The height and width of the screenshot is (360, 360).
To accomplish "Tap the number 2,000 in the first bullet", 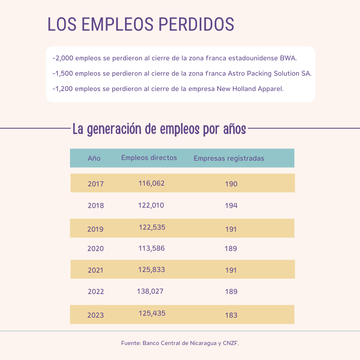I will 64,58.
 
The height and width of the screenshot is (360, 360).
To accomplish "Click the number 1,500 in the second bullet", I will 64,73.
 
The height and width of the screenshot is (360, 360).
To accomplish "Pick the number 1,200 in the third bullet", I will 64,89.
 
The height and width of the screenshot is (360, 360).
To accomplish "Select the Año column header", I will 94,158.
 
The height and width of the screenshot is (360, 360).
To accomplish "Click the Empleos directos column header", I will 149,158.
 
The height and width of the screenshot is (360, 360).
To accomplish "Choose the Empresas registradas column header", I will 229,158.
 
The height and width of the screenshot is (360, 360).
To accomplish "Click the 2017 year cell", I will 96,184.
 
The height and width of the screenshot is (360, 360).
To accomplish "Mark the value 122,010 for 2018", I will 151,205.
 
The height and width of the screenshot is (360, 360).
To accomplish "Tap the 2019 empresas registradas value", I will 231,229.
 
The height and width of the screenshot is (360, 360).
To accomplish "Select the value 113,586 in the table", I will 151,248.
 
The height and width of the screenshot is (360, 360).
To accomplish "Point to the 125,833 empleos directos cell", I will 151,270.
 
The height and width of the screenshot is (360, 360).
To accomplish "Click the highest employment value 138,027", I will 150,291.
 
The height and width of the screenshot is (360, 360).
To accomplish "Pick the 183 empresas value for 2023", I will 231,315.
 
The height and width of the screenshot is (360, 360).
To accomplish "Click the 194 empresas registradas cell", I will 231,206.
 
